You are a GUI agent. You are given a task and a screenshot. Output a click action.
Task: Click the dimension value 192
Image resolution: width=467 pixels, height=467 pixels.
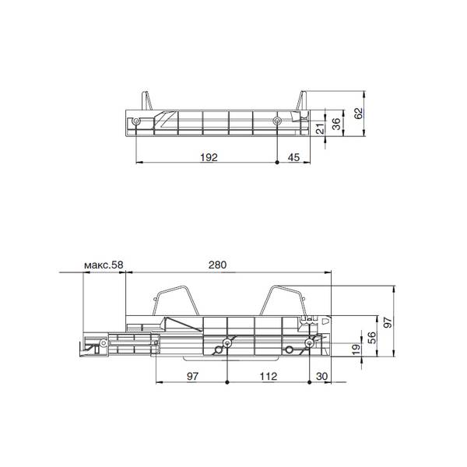tap(209, 157)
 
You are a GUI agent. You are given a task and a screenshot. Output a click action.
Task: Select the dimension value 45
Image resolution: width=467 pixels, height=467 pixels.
tap(293, 157)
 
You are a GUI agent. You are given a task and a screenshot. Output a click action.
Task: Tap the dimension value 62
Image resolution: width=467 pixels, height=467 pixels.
tap(359, 113)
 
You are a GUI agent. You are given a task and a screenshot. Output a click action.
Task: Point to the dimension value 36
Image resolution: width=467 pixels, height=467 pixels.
tap(336, 124)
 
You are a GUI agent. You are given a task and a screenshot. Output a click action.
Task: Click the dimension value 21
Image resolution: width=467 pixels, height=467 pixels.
tap(320, 129)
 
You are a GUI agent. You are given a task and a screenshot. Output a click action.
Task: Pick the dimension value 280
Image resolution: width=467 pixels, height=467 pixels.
tap(217, 265)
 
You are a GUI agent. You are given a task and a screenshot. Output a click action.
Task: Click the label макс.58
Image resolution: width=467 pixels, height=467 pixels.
tap(104, 265)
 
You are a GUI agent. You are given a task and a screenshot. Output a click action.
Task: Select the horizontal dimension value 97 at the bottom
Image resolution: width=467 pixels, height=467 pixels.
tap(192, 376)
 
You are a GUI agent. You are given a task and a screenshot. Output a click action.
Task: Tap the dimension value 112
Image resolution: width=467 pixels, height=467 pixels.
tap(269, 376)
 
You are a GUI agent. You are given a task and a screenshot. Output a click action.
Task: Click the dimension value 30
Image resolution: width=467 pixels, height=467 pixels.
tap(321, 376)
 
